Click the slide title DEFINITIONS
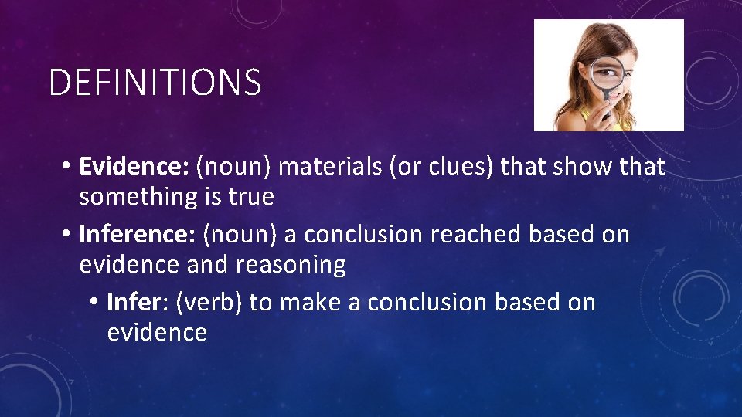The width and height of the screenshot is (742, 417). point(155,83)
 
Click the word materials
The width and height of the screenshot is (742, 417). point(330,166)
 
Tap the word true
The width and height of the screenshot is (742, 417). point(250,197)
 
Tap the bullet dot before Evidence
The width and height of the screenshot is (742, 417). point(69,167)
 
